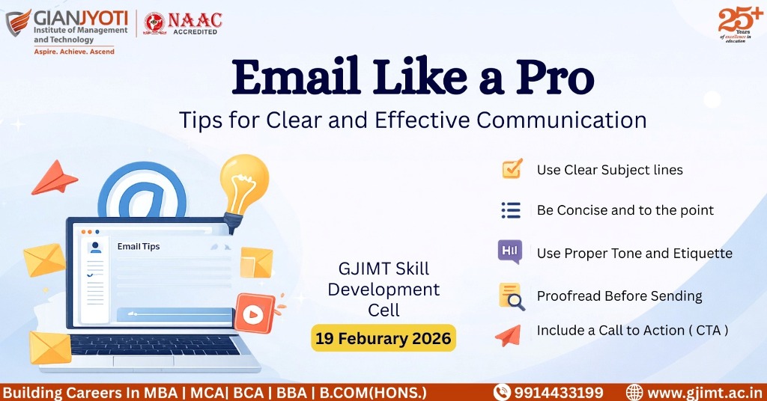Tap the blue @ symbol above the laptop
(x=142, y=191)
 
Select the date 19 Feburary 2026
(x=383, y=338)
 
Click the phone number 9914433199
(x=558, y=393)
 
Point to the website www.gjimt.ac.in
(x=704, y=393)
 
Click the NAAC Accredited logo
(x=183, y=23)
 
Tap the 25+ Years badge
(x=739, y=24)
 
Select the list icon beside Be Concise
(x=511, y=210)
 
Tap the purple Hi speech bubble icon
(x=509, y=252)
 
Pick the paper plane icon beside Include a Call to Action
(x=508, y=336)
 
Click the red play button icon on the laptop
(x=254, y=313)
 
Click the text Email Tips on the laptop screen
(x=139, y=247)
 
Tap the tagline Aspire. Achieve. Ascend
(x=74, y=52)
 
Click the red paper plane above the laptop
(x=54, y=178)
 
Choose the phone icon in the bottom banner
(x=502, y=392)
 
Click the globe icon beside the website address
(x=634, y=392)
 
